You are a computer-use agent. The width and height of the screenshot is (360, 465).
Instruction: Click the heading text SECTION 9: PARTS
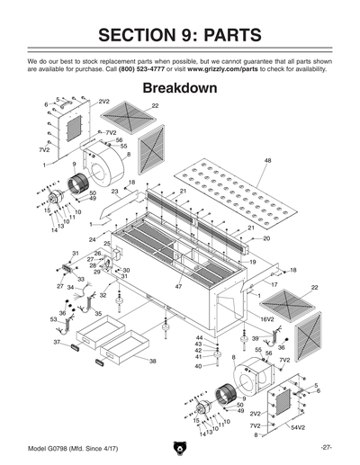[180, 35]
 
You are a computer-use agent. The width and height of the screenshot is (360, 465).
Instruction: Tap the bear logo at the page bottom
[180, 447]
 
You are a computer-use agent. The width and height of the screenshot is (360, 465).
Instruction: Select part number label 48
[267, 160]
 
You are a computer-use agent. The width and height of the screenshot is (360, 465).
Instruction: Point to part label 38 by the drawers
[152, 361]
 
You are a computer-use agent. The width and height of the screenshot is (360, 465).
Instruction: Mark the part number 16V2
[266, 318]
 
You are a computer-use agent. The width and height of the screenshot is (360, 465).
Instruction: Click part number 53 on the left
[53, 319]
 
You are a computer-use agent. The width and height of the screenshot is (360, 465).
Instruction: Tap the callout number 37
[56, 343]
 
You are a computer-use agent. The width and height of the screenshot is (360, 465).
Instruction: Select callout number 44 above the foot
[199, 337]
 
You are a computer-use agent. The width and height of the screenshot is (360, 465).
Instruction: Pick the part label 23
[115, 192]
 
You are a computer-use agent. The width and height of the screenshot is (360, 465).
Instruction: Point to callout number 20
[266, 238]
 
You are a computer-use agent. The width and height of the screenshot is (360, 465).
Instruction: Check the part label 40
[198, 366]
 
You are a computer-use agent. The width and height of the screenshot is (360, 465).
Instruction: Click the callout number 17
[274, 284]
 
